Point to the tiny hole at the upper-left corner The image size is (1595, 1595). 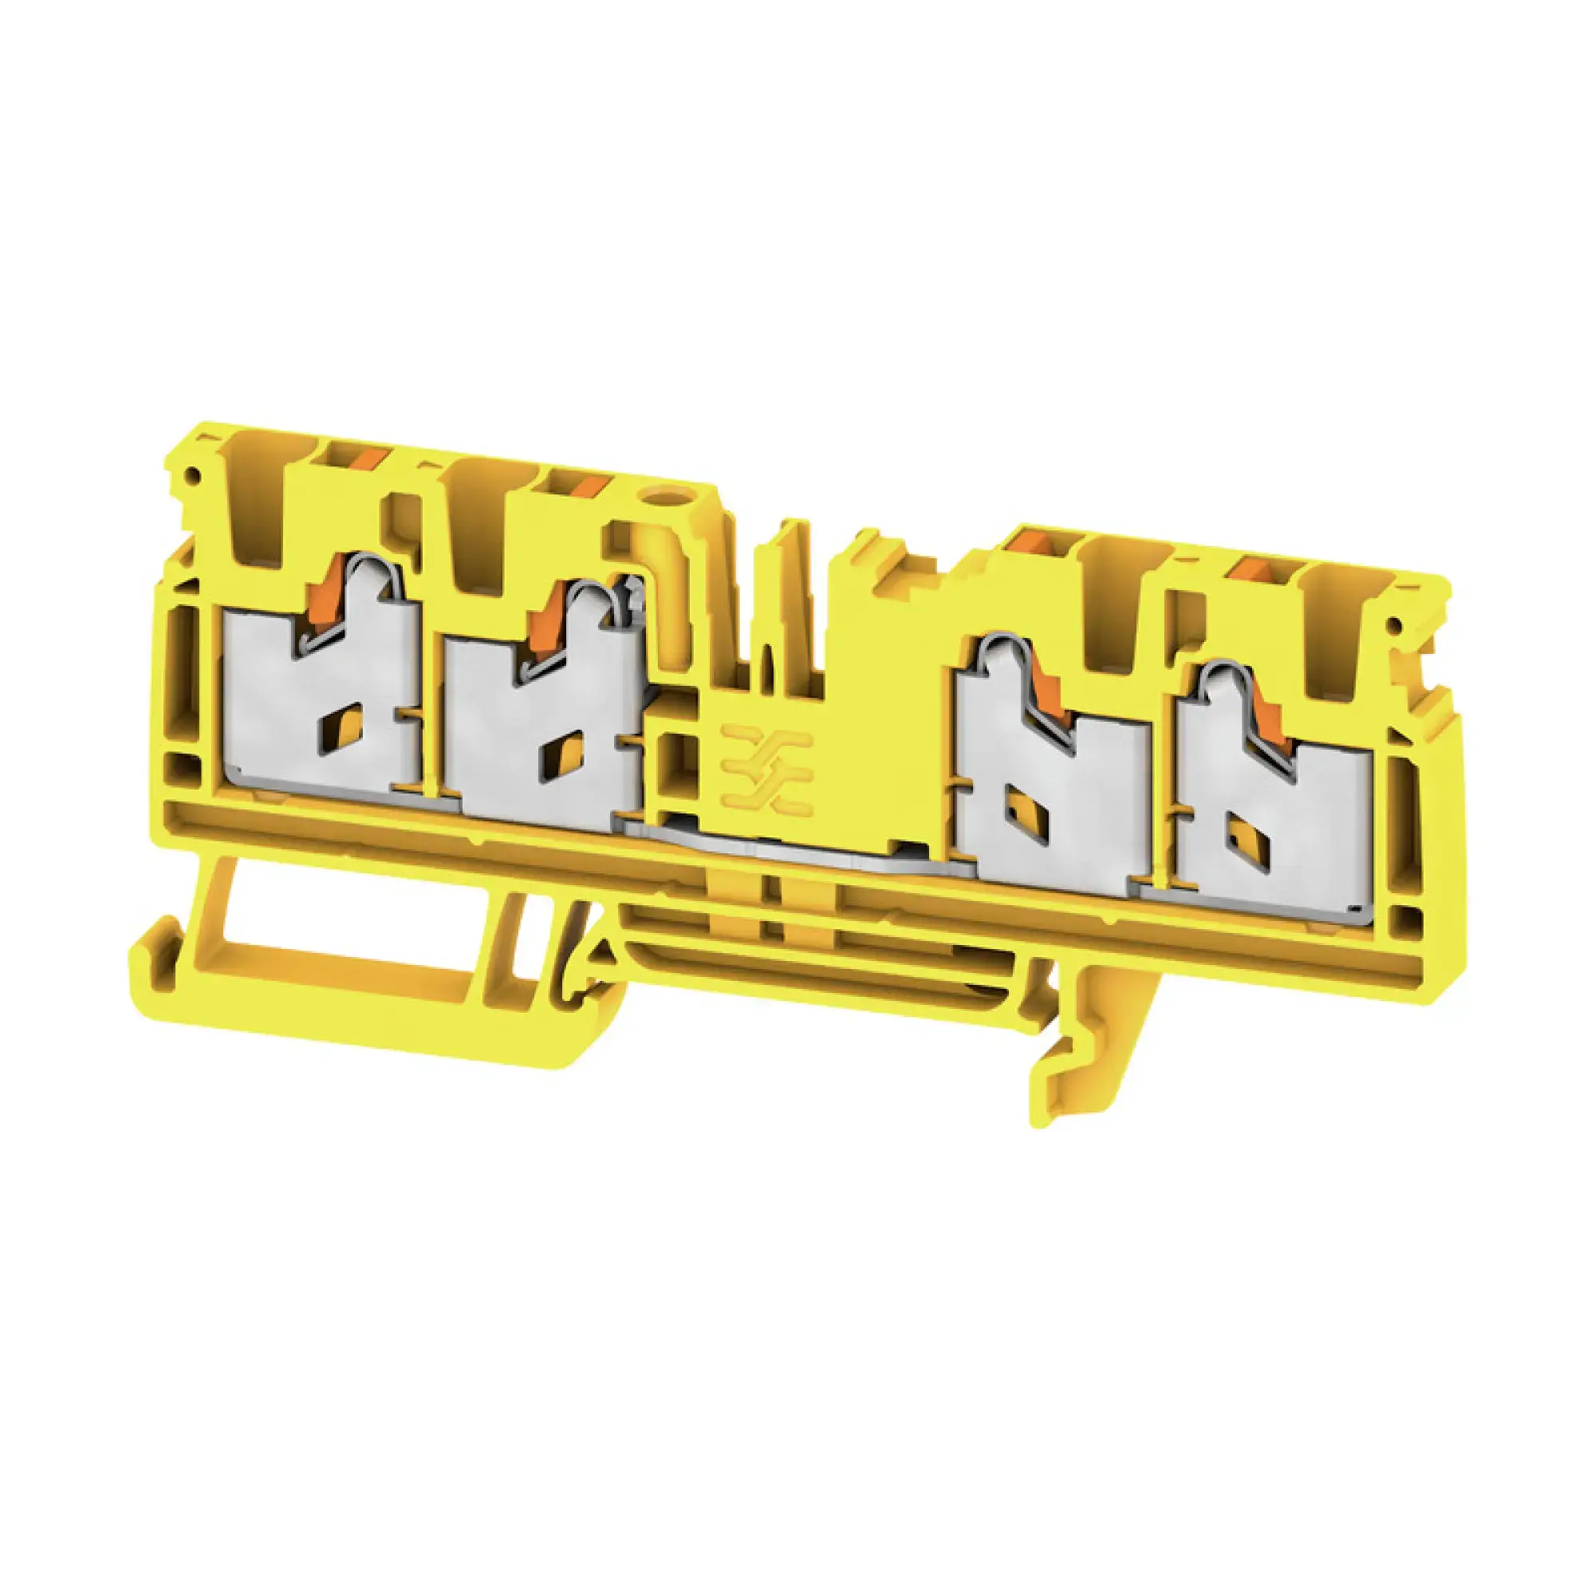click(193, 475)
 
